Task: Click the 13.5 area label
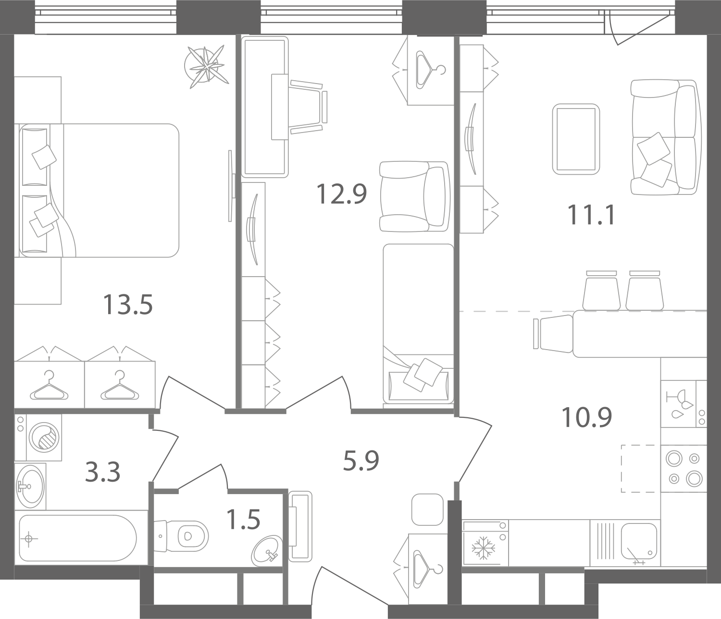pos(128,304)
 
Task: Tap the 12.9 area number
pos(341,194)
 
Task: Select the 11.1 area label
pos(591,215)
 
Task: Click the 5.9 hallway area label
pos(361,461)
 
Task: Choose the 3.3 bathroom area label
pos(102,472)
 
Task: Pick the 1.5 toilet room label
pos(243,519)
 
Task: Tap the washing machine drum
pos(44,437)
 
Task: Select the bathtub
pos(78,538)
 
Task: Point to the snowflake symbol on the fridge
pos(484,547)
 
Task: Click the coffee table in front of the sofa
pos(576,139)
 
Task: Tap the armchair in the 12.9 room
pos(414,196)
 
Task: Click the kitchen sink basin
pos(639,542)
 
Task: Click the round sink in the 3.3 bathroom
pos(30,486)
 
